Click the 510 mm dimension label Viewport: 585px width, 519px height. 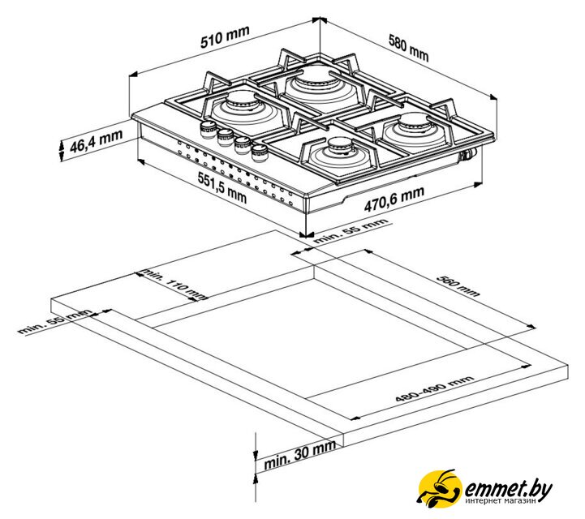point(225,37)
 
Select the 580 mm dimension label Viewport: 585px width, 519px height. point(409,48)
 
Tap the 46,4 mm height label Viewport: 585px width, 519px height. point(96,141)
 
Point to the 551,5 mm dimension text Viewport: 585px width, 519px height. point(222,188)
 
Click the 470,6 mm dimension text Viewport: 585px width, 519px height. point(394,199)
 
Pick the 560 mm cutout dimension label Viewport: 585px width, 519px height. point(458,286)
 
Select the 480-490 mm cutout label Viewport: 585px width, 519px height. point(434,389)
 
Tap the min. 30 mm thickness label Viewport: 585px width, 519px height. point(300,454)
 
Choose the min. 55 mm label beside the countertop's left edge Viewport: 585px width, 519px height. point(54,321)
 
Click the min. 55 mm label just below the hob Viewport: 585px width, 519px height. point(351,231)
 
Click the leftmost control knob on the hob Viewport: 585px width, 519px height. point(208,130)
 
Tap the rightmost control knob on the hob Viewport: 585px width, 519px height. point(260,152)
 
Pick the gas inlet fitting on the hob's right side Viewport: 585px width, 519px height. point(468,154)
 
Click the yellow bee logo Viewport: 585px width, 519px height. point(439,488)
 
